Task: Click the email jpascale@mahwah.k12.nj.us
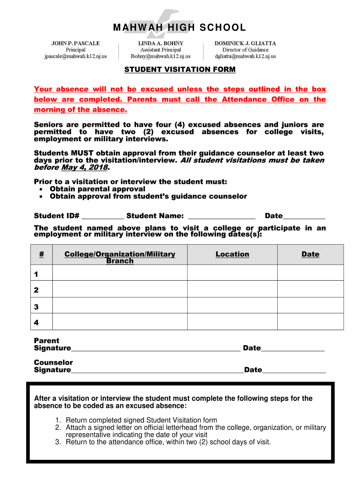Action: pos(75,57)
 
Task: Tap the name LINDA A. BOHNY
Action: pos(160,43)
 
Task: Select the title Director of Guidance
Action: pos(245,50)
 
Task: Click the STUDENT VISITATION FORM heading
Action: pos(180,70)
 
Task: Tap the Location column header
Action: pos(232,254)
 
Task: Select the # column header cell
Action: pos(42,254)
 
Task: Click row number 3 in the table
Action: pos(36,307)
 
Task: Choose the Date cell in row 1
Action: pos(310,273)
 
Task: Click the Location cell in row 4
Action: pos(232,322)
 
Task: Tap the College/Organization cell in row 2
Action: pos(120,290)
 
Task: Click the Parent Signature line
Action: pos(156,349)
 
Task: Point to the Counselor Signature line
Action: pos(157,371)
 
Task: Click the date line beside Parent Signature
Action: pos(293,349)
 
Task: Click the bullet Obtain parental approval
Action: pos(94,189)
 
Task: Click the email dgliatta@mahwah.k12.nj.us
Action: pos(245,57)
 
